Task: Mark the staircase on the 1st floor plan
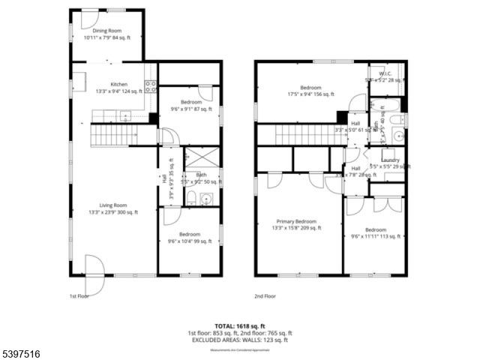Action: tap(112, 135)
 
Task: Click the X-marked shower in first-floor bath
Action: tap(201, 158)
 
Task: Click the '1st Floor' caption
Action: tap(79, 296)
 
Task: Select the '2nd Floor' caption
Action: tap(265, 296)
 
